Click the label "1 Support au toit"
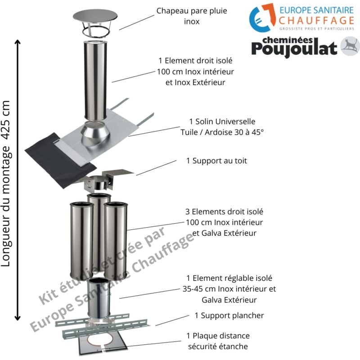[x=216, y=160]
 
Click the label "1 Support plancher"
[x=229, y=315]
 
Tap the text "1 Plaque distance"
[x=218, y=336]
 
